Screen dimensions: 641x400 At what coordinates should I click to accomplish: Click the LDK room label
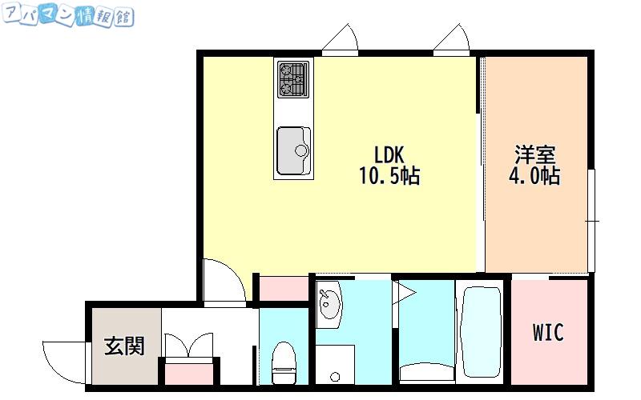point(389,154)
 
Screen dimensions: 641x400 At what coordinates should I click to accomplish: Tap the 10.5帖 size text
point(389,176)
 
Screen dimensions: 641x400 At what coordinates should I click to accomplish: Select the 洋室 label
point(534,154)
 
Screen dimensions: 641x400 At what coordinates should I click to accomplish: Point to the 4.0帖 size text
point(534,176)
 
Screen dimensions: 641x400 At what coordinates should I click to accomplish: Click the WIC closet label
point(548,332)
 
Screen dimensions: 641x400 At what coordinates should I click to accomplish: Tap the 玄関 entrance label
point(124,346)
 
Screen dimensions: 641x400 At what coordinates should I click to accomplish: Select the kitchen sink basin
point(293,150)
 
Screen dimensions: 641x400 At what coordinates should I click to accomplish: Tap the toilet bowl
point(284,362)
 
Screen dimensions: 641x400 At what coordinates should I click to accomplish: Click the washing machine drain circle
point(335,376)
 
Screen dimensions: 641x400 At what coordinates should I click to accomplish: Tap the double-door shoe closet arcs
point(188,346)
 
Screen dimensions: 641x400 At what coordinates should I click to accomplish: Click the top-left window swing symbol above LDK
point(341,38)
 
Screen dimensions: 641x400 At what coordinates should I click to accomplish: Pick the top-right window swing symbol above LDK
point(452,38)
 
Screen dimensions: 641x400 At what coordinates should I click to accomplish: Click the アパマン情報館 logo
point(68,15)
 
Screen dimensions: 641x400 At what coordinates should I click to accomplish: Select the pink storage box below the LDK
point(284,289)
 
